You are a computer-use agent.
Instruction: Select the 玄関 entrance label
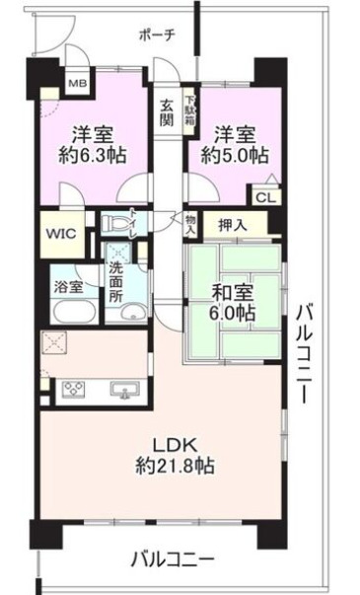click(165, 112)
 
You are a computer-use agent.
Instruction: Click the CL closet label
click(265, 197)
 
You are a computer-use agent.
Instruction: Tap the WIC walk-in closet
click(59, 236)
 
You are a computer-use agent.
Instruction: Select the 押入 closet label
click(233, 226)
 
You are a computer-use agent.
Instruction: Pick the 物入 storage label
click(189, 225)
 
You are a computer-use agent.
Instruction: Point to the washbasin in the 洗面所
click(130, 314)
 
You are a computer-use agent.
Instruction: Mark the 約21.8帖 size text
click(176, 465)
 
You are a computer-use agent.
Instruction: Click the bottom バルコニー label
click(173, 559)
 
